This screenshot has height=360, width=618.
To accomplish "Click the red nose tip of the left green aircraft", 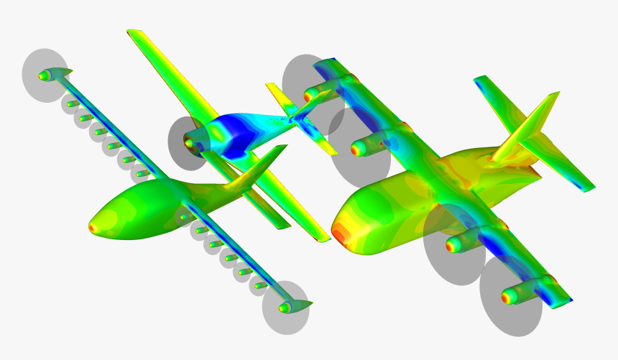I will coord(92,227).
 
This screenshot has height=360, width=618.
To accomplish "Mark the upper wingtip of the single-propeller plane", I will coord(132,32).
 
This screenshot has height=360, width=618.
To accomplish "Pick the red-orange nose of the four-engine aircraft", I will coord(339,233).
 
